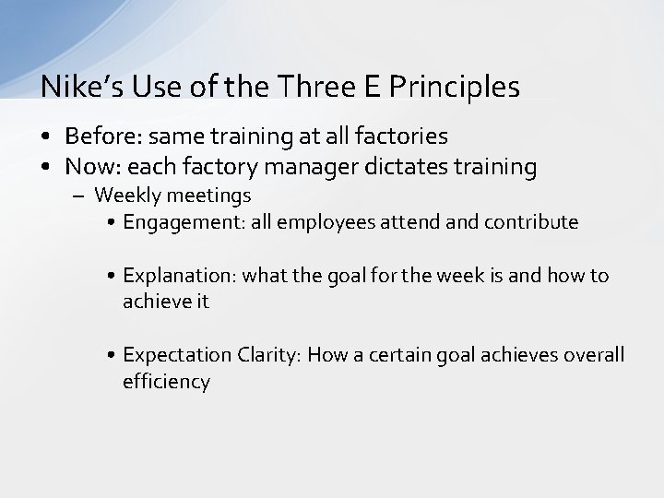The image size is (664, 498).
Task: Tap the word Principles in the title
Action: [456, 87]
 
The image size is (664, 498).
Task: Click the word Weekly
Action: [126, 196]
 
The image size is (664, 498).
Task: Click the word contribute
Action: [534, 222]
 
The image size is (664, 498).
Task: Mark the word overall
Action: [590, 356]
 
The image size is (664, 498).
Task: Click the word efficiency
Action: [166, 382]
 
